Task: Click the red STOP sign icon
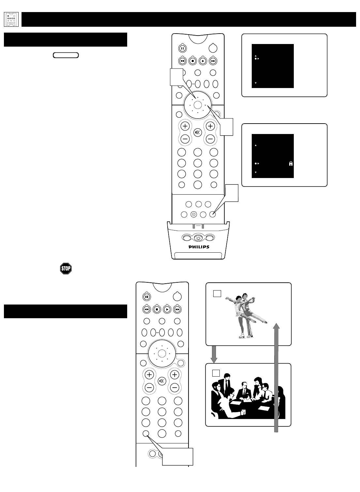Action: click(66, 269)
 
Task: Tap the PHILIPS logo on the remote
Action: click(199, 247)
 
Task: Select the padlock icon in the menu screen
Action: click(291, 164)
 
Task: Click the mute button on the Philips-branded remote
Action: click(197, 132)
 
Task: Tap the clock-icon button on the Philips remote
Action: click(194, 215)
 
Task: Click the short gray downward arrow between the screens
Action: click(214, 354)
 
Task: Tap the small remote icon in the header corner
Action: click(11, 20)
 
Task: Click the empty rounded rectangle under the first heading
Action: click(66, 55)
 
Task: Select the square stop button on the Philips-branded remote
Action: click(193, 61)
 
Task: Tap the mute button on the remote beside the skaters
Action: click(161, 381)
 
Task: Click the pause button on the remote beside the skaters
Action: click(147, 297)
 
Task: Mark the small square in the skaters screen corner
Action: click(217, 293)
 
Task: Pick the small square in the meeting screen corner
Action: click(216, 373)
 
